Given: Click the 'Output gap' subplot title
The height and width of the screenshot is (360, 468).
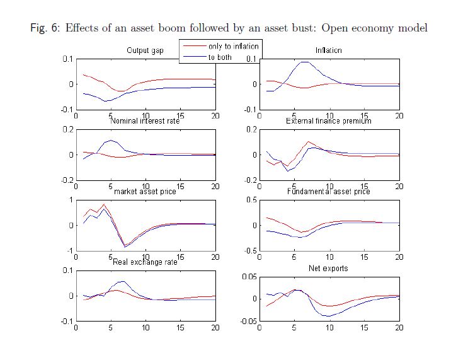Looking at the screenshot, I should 145,50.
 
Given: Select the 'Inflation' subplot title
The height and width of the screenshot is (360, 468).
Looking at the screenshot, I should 329,50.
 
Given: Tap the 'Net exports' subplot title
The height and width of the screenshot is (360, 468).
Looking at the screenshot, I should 329,268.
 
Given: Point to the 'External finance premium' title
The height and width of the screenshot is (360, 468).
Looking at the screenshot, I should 329,120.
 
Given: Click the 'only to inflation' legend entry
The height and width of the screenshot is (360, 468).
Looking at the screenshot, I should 232,47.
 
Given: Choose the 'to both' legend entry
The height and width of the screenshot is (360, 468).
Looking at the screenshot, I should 220,57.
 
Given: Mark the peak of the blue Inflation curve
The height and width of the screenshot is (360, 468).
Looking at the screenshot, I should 305,62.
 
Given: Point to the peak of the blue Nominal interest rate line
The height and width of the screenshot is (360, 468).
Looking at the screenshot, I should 111,140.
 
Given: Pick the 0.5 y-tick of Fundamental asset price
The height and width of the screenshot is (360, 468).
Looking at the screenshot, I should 250,200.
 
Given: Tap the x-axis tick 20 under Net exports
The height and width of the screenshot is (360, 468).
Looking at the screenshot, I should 399,328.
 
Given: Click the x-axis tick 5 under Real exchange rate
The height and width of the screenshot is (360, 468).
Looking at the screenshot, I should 111,328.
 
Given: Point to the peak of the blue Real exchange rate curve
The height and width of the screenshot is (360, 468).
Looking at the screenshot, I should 123,281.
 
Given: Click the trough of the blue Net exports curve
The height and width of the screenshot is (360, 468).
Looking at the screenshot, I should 328,315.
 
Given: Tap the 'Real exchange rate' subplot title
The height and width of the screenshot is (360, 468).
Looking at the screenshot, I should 145,262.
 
